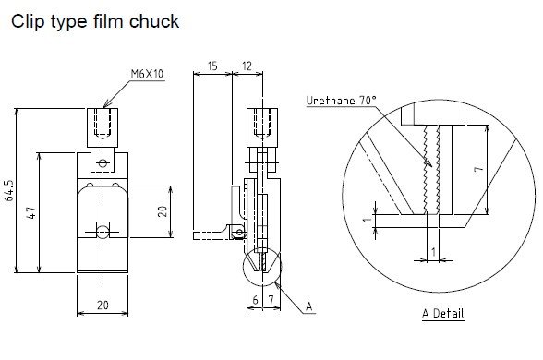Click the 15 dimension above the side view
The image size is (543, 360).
click(212, 67)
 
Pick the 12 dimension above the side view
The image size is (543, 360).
click(246, 67)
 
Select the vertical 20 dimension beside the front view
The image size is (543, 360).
click(163, 211)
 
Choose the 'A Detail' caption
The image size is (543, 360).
click(443, 314)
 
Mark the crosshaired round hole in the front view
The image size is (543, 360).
click(103, 163)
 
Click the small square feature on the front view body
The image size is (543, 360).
click(103, 226)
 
